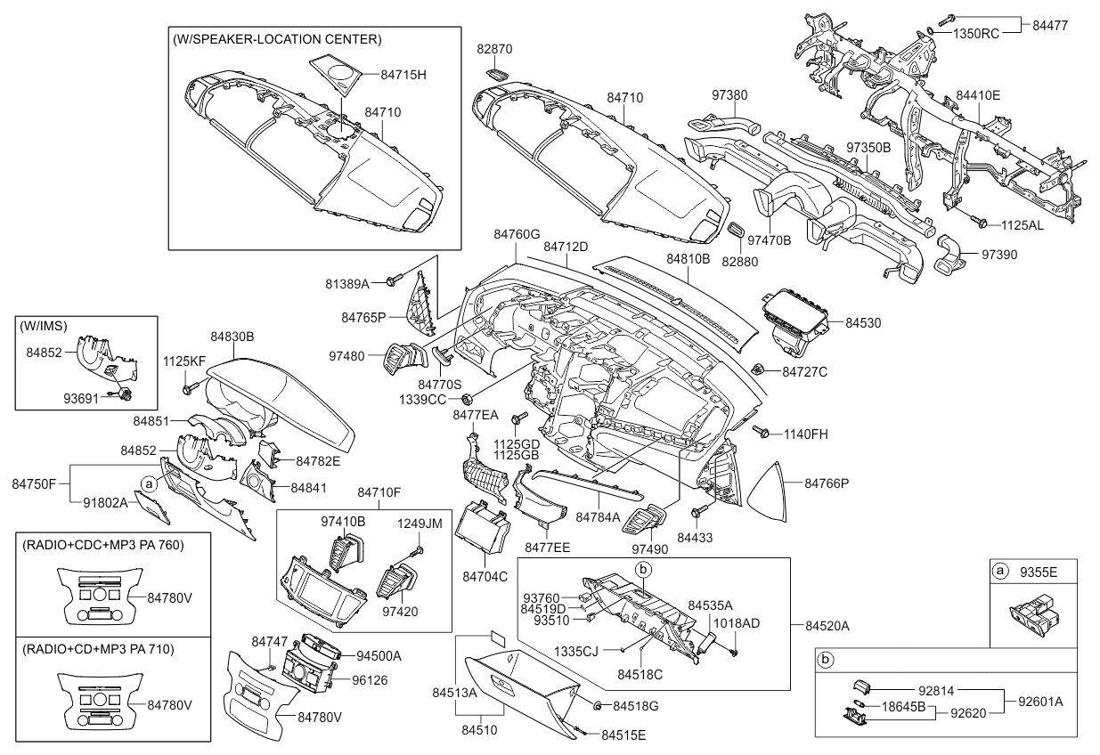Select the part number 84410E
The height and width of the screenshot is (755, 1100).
click(978, 94)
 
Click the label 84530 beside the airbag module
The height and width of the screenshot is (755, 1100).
click(863, 323)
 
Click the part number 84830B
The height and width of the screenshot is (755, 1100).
click(232, 337)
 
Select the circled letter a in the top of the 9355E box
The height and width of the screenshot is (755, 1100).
click(1000, 570)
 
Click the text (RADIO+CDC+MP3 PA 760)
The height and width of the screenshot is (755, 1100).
click(103, 545)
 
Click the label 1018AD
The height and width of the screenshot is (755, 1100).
click(737, 623)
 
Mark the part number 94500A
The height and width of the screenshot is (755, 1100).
click(379, 656)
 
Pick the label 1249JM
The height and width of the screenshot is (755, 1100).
click(420, 524)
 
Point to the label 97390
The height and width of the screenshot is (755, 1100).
click(999, 254)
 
